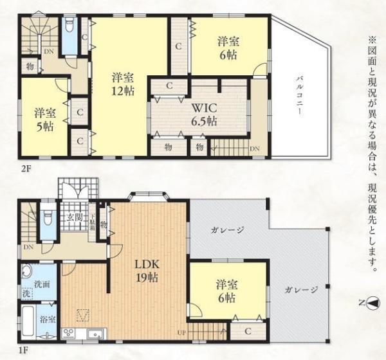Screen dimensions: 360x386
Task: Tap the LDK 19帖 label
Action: [146, 270]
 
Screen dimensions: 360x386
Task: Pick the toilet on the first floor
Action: [47, 217]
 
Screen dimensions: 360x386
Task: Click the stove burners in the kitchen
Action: [69, 333]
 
